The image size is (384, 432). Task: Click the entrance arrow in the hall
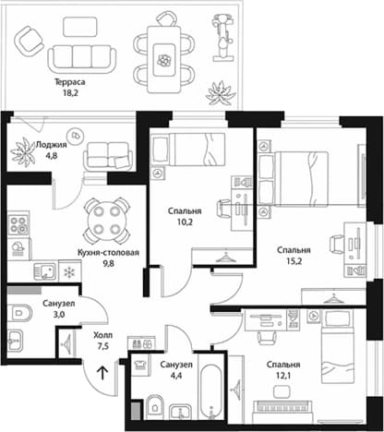point(102,373)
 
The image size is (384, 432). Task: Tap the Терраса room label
point(70,82)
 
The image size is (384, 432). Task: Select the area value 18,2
point(70,92)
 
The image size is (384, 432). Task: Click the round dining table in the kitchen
point(106,221)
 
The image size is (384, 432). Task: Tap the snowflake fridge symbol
point(69,272)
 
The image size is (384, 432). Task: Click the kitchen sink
point(45,271)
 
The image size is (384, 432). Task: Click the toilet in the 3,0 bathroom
point(19,313)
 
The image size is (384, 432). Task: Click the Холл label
point(103,335)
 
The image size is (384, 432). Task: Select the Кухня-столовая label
point(108,253)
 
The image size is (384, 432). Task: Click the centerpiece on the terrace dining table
point(164,60)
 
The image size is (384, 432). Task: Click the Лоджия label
point(51,144)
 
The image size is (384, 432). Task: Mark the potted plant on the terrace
point(221,93)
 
